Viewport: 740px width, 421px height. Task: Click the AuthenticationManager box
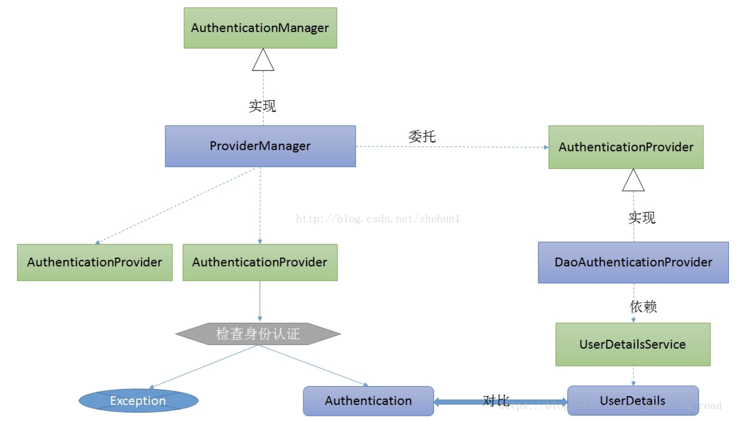(260, 28)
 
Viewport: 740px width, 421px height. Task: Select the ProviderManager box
(260, 146)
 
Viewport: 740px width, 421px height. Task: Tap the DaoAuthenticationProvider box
(633, 262)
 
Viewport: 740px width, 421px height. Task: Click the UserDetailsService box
(633, 344)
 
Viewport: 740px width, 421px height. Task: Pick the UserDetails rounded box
(633, 401)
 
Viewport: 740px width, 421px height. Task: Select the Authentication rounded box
(368, 401)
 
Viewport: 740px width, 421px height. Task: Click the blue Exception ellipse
(138, 401)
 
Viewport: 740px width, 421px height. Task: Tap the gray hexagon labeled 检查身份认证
(258, 334)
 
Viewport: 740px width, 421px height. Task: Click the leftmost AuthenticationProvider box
(95, 262)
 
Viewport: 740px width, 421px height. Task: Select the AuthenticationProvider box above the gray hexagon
(260, 262)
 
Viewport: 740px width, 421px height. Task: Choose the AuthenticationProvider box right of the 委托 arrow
(626, 147)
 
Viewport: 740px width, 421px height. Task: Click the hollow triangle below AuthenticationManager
(263, 61)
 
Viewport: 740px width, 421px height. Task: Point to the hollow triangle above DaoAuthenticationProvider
(633, 181)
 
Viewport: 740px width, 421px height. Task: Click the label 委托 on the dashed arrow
(422, 137)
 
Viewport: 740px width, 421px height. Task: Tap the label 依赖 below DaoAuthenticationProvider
(643, 307)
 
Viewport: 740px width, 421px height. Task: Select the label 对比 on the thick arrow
(496, 400)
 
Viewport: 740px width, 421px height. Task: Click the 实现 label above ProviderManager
(262, 106)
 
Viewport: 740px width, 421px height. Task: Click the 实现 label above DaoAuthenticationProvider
(642, 218)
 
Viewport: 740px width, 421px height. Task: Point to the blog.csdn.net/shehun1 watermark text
(377, 219)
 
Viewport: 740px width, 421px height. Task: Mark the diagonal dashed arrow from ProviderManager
(176, 206)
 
